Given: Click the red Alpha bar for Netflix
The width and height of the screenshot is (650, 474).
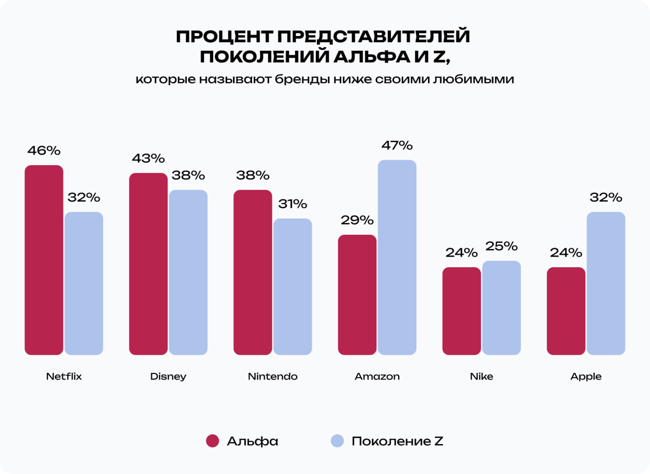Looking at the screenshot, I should click(x=44, y=260).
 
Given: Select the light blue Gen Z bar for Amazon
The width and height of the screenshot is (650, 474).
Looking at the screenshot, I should click(x=397, y=257).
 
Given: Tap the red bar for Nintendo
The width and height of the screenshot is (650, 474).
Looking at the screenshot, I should click(x=252, y=272).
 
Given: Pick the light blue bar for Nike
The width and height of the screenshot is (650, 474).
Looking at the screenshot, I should click(x=501, y=307).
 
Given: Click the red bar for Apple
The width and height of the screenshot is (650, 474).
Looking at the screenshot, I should click(x=566, y=310).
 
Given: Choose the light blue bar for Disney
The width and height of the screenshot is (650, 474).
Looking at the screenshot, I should click(x=188, y=272).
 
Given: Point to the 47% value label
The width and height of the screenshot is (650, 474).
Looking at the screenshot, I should click(x=397, y=145).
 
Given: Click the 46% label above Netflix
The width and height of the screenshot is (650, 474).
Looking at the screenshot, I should click(x=44, y=151).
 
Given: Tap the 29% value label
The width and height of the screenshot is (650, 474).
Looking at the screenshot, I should click(x=357, y=220).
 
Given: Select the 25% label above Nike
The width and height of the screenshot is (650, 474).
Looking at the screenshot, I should click(x=501, y=246).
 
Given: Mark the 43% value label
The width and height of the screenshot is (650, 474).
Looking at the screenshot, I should click(x=148, y=159).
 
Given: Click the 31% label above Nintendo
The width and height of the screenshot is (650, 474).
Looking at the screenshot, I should click(x=292, y=204).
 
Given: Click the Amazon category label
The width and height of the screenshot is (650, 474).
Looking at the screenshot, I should click(x=377, y=376).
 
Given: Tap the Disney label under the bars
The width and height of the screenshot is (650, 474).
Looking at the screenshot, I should click(x=168, y=376).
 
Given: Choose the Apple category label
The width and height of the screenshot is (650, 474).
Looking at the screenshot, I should click(x=586, y=376).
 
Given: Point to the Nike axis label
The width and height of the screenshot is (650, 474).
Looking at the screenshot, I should click(x=481, y=376).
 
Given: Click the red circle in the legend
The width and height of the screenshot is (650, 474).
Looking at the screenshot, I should click(x=212, y=441).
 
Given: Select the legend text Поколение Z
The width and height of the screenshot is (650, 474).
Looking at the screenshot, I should click(x=397, y=441).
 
